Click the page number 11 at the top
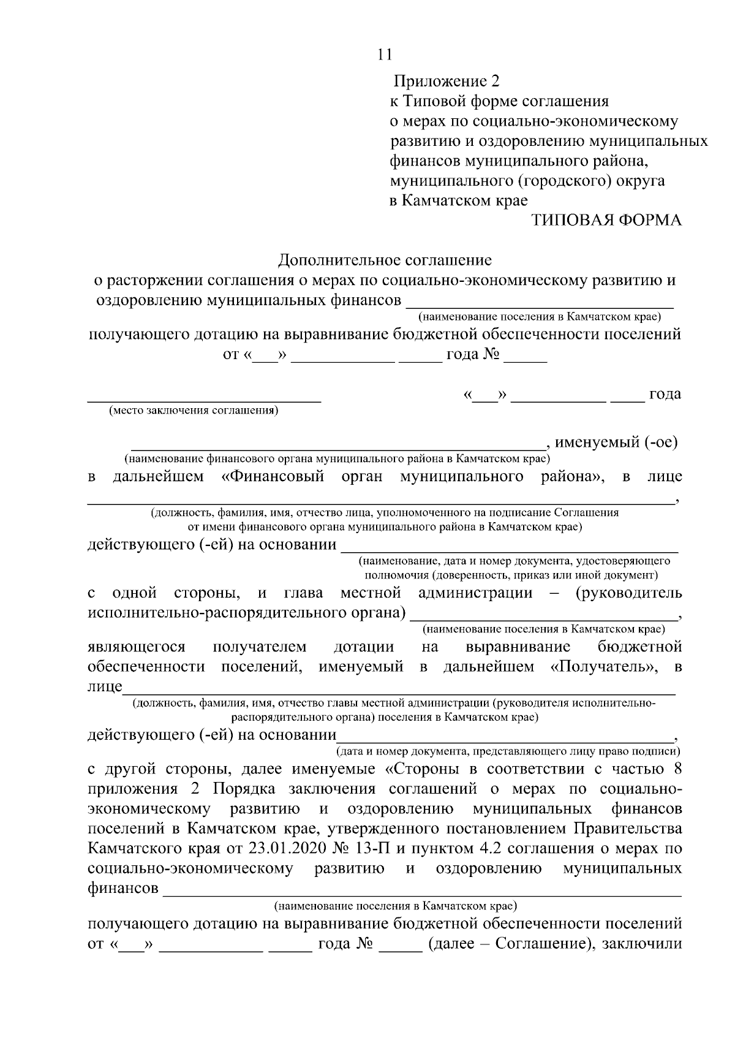[x=384, y=55]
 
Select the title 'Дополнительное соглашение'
[x=385, y=260]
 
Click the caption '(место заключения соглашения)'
[x=194, y=411]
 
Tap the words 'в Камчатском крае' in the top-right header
[x=459, y=201]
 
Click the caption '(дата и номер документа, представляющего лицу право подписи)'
[x=508, y=751]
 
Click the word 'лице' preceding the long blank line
[x=105, y=686]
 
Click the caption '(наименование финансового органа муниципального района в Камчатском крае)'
[x=337, y=458]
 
